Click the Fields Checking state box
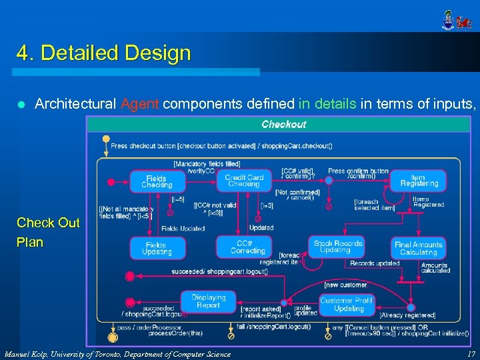[x=157, y=181]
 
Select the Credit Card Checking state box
[x=244, y=181]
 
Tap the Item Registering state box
[x=419, y=180]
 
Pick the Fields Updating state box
[x=157, y=249]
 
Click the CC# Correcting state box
[x=244, y=247]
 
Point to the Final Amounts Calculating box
[x=419, y=249]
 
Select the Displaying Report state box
[x=209, y=301]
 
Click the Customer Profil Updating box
[x=346, y=305]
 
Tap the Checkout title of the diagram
[x=284, y=124]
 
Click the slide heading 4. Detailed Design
[x=104, y=53]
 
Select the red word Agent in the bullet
[x=139, y=104]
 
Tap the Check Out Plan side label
[x=48, y=232]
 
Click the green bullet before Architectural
[x=21, y=105]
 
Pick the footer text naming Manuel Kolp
[x=117, y=353]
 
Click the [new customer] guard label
[x=345, y=285]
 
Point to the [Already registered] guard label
[x=407, y=315]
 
